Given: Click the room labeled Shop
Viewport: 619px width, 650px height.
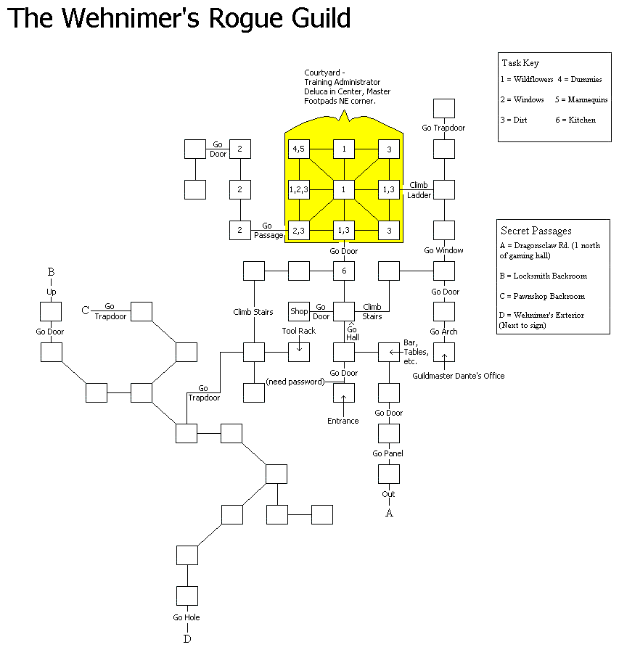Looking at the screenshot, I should tap(299, 312).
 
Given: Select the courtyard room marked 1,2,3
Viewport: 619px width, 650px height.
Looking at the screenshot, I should tap(299, 190).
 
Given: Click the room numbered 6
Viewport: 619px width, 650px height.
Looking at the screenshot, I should tap(344, 271).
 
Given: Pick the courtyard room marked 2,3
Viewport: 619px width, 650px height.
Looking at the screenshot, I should tap(299, 231).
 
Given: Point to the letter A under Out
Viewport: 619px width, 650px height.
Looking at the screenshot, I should tap(389, 513).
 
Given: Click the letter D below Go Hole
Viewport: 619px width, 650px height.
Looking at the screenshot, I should tap(187, 639).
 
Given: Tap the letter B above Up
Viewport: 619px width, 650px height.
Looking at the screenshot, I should tap(51, 273).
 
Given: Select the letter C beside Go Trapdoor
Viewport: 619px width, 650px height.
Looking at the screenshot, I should tap(86, 311).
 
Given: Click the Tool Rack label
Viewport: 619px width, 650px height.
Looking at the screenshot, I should tap(299, 331).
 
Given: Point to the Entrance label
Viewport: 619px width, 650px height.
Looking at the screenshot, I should tap(343, 421).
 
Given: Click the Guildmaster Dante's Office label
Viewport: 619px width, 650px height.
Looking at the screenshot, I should tap(458, 376).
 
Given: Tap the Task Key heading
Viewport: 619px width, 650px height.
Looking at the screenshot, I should tap(520, 63).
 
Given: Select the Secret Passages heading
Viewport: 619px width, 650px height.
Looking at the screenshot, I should tap(536, 231).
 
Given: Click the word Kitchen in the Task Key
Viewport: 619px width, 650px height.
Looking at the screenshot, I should tap(582, 120).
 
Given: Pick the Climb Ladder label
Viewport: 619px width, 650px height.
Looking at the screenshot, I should tap(419, 190).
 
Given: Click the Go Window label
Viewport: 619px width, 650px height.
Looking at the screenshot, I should tap(444, 250).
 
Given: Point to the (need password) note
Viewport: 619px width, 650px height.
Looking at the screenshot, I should tap(295, 382).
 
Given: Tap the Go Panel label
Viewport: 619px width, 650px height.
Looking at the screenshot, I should tap(388, 453).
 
